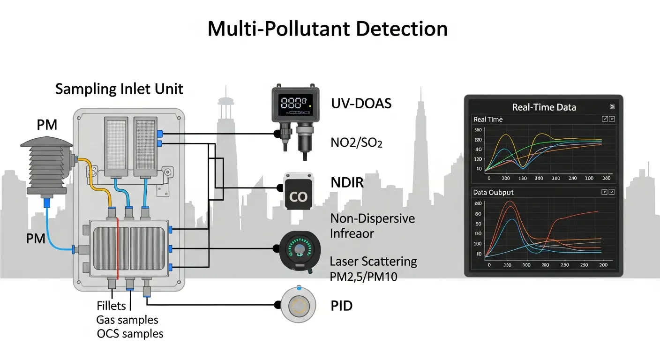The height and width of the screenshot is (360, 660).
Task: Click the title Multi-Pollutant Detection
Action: coord(327,29)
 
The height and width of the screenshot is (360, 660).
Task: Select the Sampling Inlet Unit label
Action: coord(119,89)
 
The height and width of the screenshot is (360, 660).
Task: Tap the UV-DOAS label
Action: coord(361,104)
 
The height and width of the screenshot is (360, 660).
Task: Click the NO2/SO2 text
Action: coord(356,142)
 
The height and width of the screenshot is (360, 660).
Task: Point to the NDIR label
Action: coord(347,182)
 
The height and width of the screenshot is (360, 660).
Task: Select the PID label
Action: coord(341,306)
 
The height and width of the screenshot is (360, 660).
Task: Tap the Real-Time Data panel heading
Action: coord(544,107)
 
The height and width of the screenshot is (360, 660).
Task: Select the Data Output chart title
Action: coord(493,192)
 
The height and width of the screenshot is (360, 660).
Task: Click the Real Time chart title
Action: coord(488,120)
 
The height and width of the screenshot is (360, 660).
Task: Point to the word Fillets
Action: coord(112,306)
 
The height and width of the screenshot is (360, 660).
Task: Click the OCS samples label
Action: coord(130,334)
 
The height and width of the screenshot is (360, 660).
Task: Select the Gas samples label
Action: coord(127,320)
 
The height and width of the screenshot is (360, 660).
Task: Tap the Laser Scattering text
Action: coord(373,261)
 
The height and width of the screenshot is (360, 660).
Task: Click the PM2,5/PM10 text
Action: coord(363,277)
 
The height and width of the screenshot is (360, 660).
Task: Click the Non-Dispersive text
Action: coord(372,218)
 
